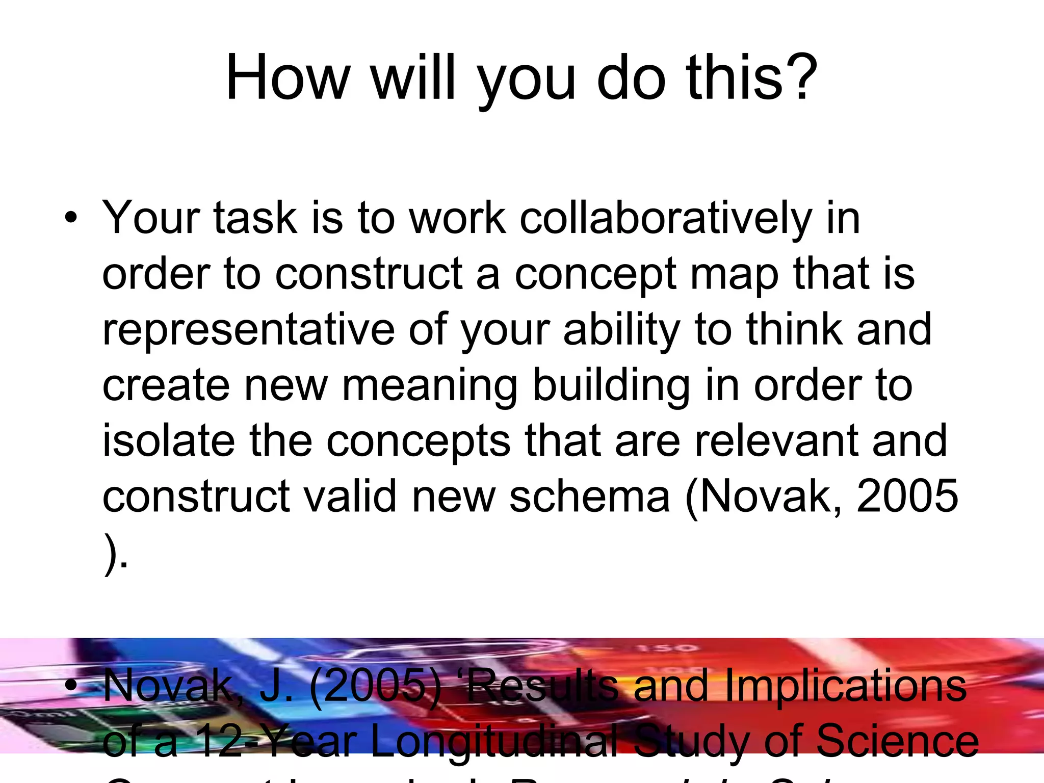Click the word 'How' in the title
point(288,78)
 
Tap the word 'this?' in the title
point(752,78)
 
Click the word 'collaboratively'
point(665,218)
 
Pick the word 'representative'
point(248,330)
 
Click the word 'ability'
point(622,330)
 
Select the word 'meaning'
point(430,386)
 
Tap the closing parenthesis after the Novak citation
point(111,553)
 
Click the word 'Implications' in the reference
point(845,686)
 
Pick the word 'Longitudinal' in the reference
point(493,742)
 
